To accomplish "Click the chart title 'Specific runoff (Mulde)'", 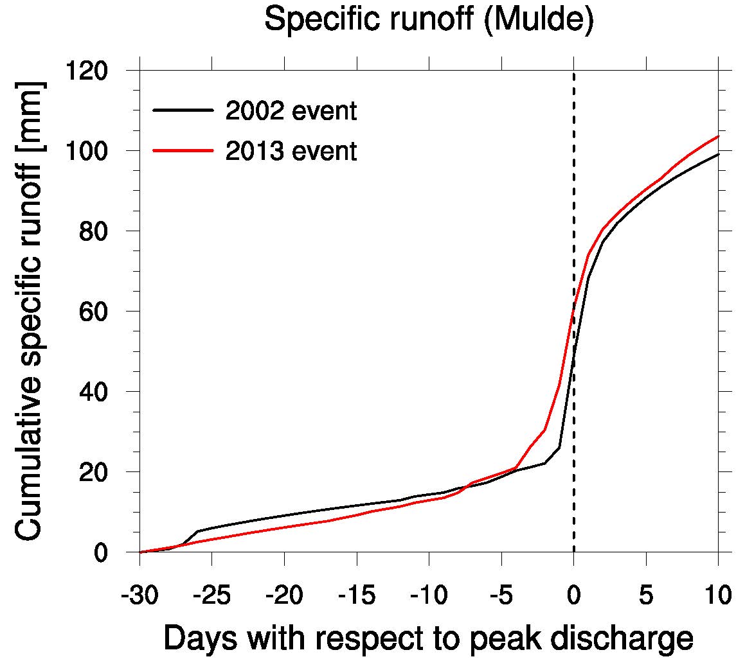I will click(x=429, y=21).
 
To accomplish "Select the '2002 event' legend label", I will click(x=291, y=111).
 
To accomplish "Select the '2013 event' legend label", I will click(x=291, y=152).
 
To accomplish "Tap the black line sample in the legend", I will click(x=183, y=111).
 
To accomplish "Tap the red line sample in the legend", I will click(x=183, y=151).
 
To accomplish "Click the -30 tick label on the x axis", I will click(x=139, y=595).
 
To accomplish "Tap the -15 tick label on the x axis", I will click(x=356, y=595).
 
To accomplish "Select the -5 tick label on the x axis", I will click(x=501, y=595).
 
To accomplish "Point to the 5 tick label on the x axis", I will click(x=645, y=595).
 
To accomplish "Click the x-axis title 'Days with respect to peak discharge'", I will click(x=429, y=638).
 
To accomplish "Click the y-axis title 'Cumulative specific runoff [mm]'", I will click(x=30, y=312).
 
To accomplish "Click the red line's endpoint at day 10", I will click(x=717, y=136).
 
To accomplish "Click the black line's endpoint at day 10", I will click(x=717, y=154).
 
